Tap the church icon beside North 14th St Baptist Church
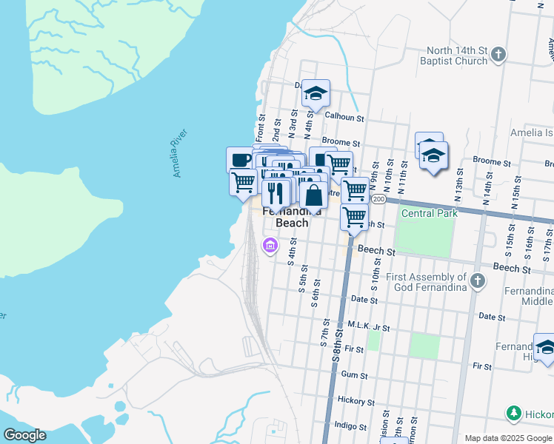coord(499,54)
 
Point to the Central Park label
coord(430,214)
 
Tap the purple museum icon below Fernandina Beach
coord(270,245)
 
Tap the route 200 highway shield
coord(379,200)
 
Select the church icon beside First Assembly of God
coord(478,281)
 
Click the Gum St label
coord(354,375)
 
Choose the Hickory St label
coord(356,401)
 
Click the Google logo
coord(24,435)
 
